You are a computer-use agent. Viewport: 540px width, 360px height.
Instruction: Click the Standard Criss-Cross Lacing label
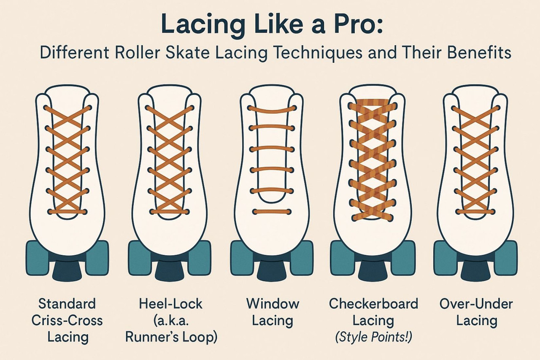pyautogui.click(x=67, y=320)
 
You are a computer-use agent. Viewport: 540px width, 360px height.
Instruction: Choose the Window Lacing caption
pyautogui.click(x=273, y=312)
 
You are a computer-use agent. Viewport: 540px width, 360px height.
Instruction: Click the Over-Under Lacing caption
pyautogui.click(x=476, y=312)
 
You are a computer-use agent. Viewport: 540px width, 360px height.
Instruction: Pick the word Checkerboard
pyautogui.click(x=373, y=304)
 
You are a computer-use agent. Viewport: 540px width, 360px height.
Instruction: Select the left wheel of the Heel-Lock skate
pyautogui.click(x=139, y=257)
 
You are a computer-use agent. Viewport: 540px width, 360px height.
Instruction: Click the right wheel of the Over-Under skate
pyautogui.click(x=506, y=257)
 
